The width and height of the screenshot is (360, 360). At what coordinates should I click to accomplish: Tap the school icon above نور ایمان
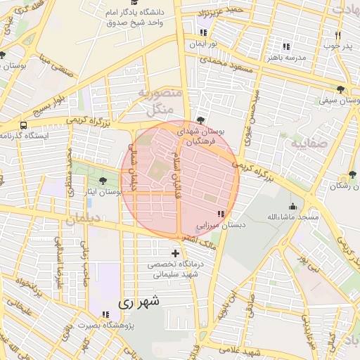click(203, 32)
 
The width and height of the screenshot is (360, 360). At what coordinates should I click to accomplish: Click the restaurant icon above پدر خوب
click(337, 34)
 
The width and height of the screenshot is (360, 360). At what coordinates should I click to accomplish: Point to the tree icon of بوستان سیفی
click(341, 89)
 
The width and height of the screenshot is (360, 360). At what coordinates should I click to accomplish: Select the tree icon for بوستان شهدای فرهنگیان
click(202, 120)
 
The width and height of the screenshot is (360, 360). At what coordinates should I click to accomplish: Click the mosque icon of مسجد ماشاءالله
click(292, 206)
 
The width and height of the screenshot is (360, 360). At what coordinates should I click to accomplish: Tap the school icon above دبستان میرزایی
click(221, 213)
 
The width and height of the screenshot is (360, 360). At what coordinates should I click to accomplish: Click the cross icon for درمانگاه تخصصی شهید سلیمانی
click(175, 252)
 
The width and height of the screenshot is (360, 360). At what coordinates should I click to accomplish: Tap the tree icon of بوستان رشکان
click(352, 175)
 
